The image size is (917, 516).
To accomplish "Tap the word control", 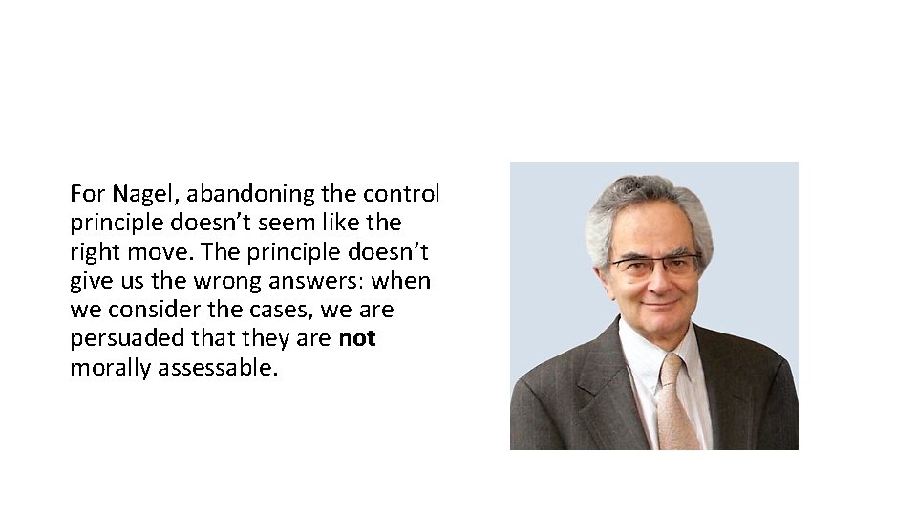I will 401,194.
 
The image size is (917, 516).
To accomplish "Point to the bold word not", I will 357,339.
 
